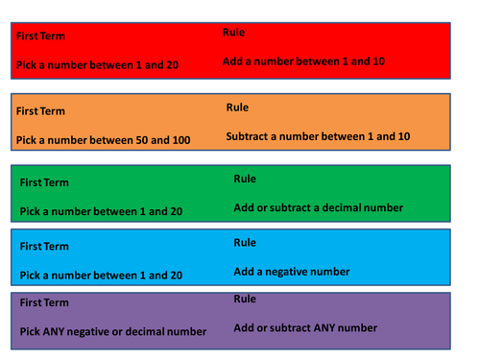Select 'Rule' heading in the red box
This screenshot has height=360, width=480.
click(233, 33)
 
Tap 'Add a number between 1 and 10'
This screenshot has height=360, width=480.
click(304, 61)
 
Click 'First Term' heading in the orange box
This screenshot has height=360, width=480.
click(42, 111)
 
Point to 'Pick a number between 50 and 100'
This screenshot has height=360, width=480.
click(103, 140)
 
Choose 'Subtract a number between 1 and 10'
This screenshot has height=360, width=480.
click(318, 136)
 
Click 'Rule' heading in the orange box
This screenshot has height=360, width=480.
click(237, 108)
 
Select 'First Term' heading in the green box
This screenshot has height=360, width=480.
click(45, 182)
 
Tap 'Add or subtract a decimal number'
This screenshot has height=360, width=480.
click(318, 207)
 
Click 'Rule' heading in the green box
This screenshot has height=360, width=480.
click(245, 179)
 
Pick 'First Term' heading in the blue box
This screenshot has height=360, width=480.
click(45, 247)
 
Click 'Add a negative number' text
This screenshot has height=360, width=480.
click(292, 272)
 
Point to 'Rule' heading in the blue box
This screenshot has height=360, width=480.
click(245, 243)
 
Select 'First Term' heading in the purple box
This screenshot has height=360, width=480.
click(45, 302)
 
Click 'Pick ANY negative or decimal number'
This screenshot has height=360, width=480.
click(113, 331)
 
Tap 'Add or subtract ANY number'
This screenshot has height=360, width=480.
click(305, 327)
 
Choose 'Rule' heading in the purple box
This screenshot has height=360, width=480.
click(245, 299)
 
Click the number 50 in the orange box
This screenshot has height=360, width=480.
click(137, 140)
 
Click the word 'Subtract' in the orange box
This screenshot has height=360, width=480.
click(249, 136)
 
